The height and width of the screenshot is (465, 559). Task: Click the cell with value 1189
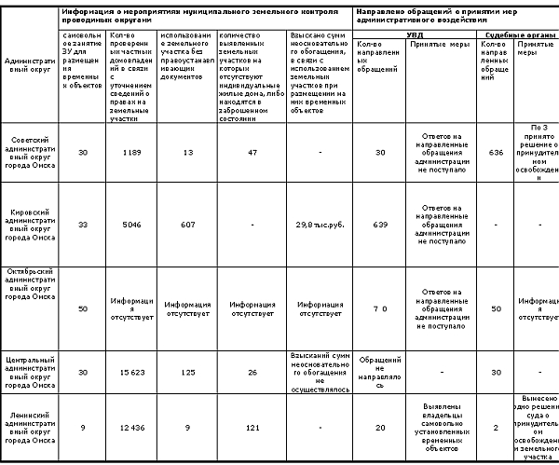(130, 154)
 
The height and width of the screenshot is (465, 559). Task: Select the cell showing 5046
(130, 225)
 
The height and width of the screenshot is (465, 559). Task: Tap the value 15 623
(130, 373)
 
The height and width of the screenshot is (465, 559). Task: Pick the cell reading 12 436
(130, 427)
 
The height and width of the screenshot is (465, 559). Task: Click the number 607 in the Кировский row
(187, 225)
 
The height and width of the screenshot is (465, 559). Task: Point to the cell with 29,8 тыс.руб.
(319, 225)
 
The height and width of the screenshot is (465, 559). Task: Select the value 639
(378, 225)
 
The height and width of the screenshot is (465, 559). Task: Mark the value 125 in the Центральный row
(187, 373)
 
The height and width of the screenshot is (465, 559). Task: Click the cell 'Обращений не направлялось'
(378, 372)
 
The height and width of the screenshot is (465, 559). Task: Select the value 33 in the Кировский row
(83, 225)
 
